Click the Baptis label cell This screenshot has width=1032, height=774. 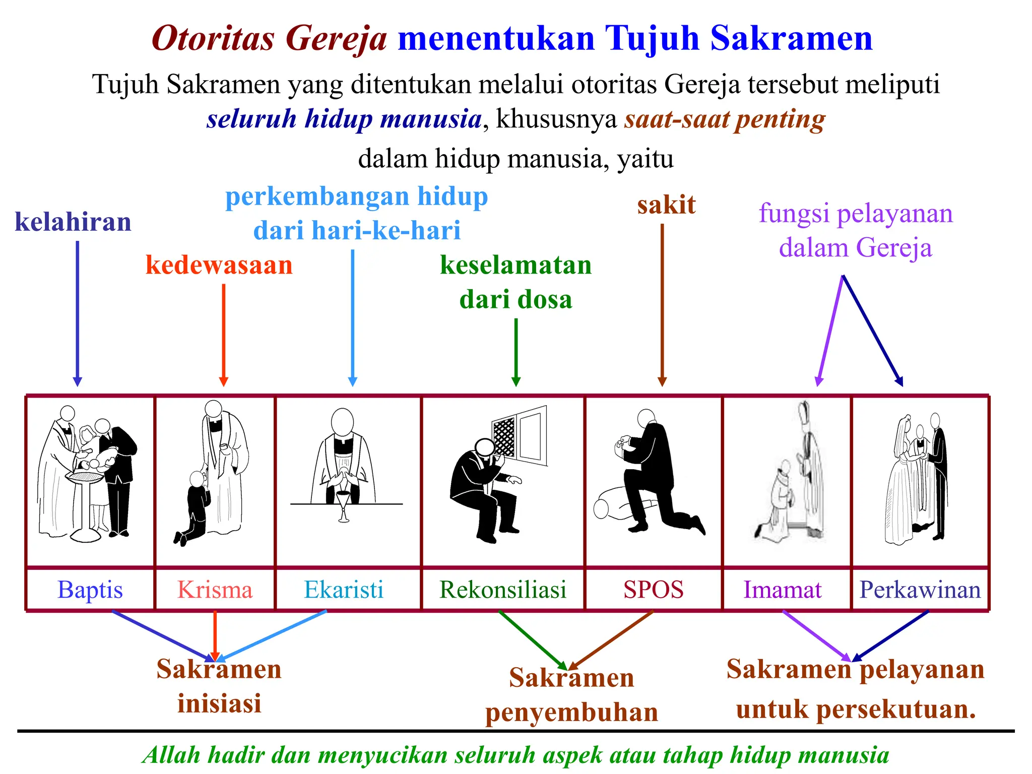90,590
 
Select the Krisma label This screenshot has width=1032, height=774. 215,590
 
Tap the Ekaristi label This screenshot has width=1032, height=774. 344,590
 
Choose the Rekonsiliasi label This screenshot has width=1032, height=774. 503,590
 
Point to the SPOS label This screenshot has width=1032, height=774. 654,590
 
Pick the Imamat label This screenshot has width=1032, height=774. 783,590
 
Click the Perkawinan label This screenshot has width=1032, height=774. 920,590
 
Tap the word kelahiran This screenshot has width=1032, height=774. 73,222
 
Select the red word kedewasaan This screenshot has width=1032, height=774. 219,265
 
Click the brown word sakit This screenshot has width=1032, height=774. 666,205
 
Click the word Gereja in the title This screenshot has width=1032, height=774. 337,39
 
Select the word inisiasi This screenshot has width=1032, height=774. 219,703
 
